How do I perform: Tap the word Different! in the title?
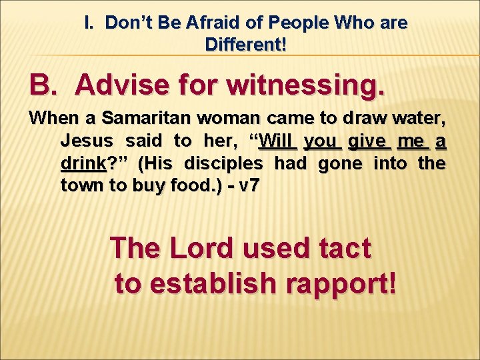[x=247, y=45]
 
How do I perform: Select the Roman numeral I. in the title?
[x=91, y=23]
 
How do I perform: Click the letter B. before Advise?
[x=46, y=85]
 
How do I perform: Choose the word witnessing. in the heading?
[x=307, y=85]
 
